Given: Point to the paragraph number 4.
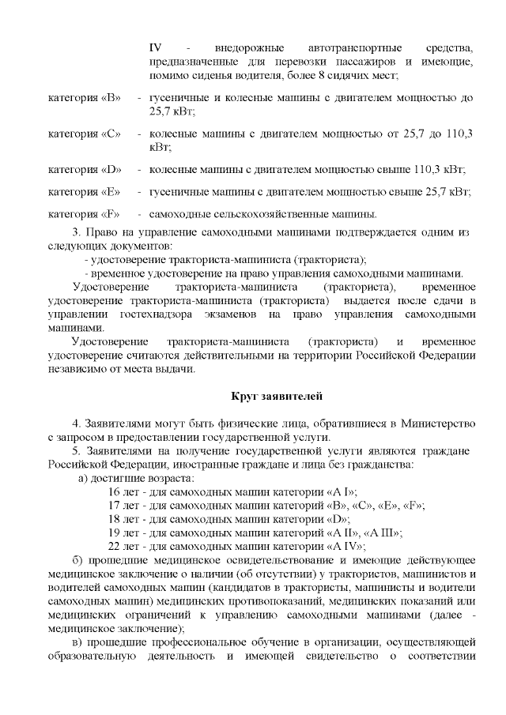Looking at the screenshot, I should click(x=76, y=424).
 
